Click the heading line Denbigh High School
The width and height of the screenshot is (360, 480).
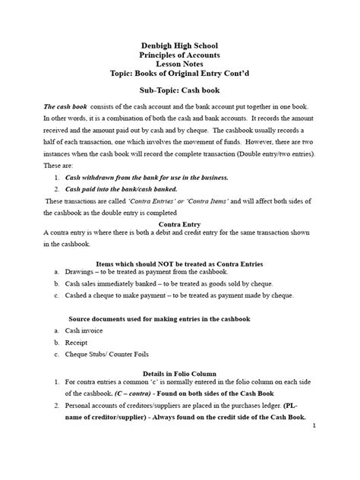coord(180,45)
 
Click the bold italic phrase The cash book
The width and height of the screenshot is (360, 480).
coord(63,108)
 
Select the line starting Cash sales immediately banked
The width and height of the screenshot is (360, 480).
coord(167,283)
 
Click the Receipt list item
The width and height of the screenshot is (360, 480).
coord(78,343)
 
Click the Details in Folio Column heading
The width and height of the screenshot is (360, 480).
coord(180,374)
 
